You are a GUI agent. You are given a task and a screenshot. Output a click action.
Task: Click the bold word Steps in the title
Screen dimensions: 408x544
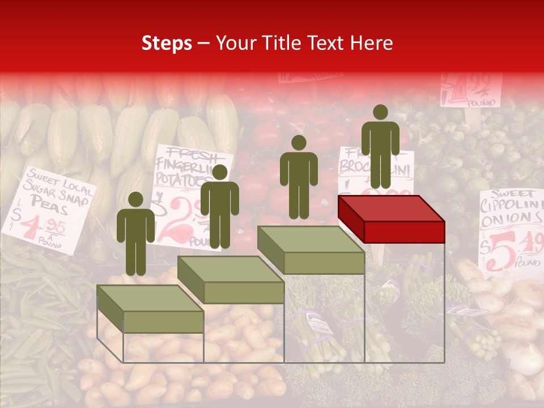[x=167, y=43]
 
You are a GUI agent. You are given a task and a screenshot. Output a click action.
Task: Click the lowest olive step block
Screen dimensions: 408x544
[x=150, y=309]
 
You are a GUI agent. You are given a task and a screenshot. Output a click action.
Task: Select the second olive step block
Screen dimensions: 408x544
[x=231, y=280]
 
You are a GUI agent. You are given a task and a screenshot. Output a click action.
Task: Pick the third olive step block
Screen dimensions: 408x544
[x=311, y=250]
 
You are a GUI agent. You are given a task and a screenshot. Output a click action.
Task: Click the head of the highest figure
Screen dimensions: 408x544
[x=380, y=112]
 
